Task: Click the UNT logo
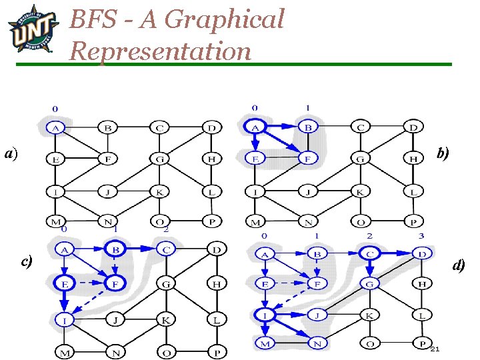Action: point(31,29)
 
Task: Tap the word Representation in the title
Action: point(160,51)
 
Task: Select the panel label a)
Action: point(10,154)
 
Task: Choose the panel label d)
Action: point(459,265)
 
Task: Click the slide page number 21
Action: point(435,349)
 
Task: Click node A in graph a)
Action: point(55,127)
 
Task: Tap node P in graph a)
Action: point(211,221)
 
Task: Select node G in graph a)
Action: point(159,159)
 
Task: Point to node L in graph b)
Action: point(413,192)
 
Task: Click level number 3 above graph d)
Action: point(420,236)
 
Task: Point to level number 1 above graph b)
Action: point(307,107)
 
